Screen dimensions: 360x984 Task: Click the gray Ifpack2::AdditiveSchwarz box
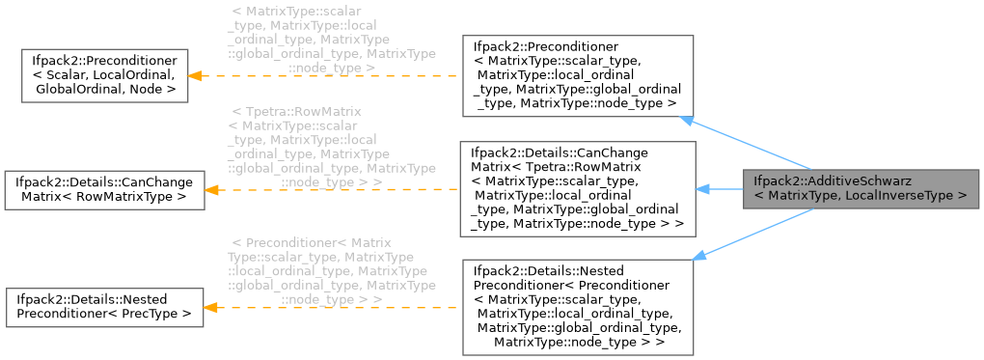[861, 188]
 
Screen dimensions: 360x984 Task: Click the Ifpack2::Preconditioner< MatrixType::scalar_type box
[578, 75]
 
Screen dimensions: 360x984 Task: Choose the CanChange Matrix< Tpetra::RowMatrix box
[578, 188]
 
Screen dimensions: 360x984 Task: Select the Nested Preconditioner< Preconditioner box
[578, 304]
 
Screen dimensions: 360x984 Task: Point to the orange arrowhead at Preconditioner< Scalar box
[194, 75]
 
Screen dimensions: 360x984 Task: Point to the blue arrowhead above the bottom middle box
[699, 254]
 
